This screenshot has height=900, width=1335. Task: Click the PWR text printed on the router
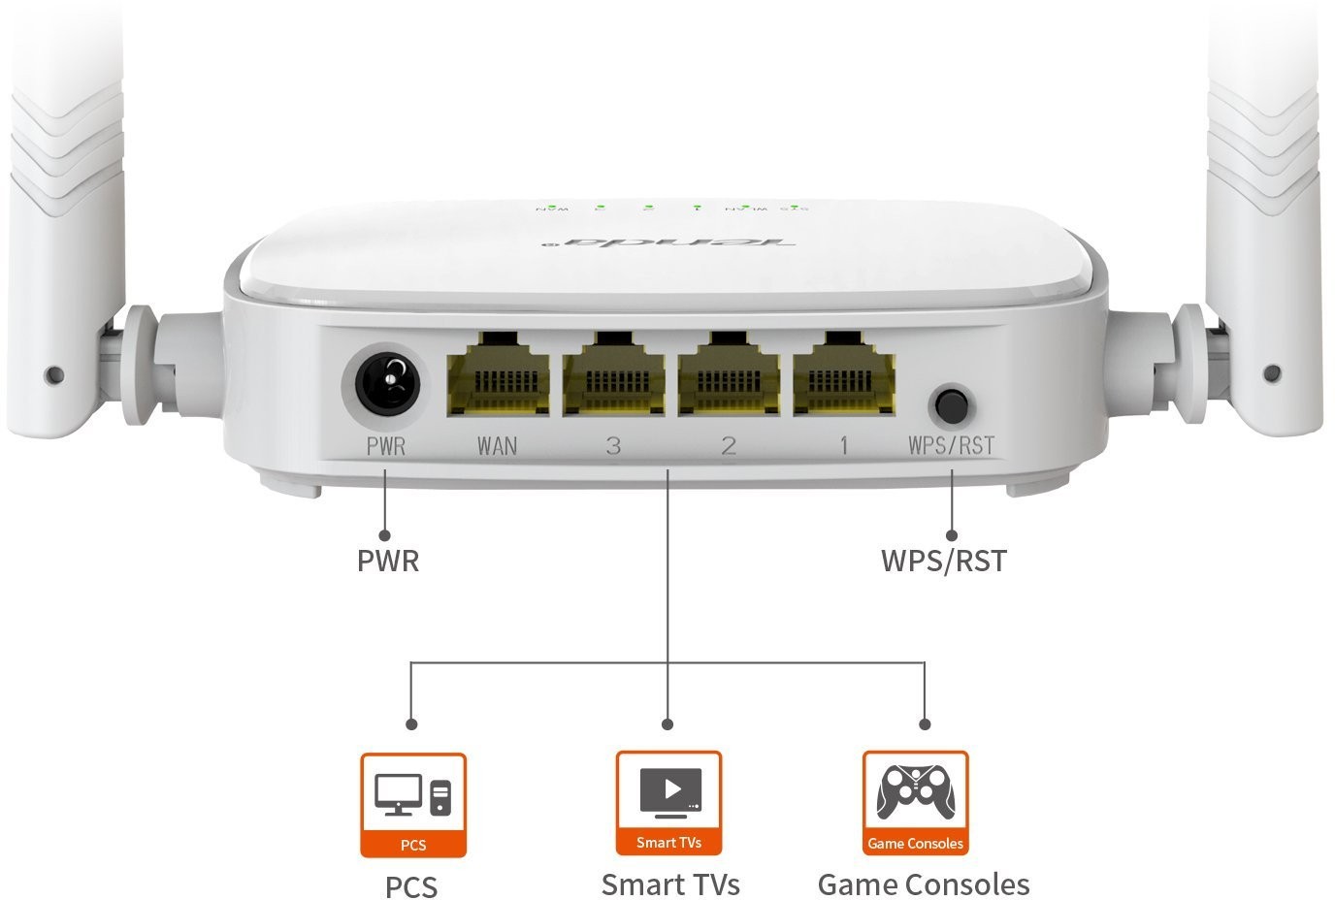386,446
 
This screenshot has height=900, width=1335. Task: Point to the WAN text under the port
497,446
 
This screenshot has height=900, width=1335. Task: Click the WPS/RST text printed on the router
951,445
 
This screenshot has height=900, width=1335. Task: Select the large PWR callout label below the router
388,561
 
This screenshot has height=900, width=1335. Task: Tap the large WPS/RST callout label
943,561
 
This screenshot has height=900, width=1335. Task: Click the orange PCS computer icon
413,805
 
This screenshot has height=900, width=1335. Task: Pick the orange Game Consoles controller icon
915,803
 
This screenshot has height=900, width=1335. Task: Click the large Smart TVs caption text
670,884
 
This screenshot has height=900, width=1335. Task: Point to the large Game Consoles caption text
924,884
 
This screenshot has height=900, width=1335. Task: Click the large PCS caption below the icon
411,887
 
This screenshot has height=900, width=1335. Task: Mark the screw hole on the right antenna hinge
1273,372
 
